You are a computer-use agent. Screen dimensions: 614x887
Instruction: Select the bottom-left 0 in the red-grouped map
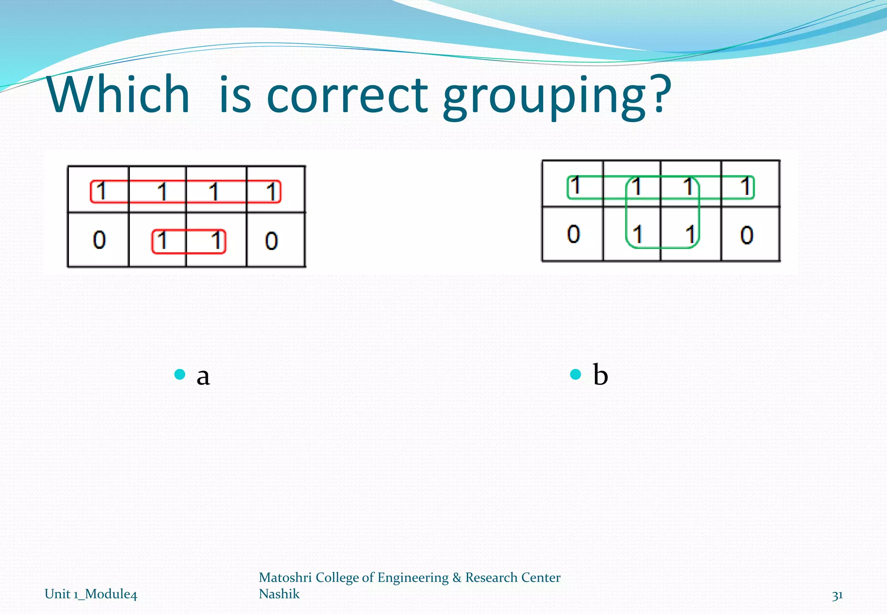click(x=99, y=240)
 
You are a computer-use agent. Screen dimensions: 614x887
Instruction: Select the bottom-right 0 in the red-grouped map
click(x=272, y=241)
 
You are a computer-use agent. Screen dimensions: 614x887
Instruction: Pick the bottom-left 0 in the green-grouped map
click(x=573, y=234)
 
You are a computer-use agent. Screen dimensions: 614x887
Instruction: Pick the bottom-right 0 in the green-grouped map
click(x=747, y=235)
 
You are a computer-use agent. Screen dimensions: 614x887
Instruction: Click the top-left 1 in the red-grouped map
click(x=101, y=191)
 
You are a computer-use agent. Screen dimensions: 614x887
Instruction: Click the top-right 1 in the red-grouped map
click(x=272, y=192)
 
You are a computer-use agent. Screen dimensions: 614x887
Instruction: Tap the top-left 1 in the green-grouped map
click(x=575, y=186)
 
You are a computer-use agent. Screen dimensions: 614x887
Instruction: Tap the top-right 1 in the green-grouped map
click(x=745, y=187)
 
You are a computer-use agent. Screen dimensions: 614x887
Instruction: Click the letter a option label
click(x=203, y=375)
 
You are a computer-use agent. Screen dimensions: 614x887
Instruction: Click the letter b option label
click(x=600, y=374)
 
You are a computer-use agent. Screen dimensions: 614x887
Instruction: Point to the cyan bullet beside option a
click(x=180, y=374)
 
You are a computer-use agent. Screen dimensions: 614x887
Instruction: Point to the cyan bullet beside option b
click(x=576, y=374)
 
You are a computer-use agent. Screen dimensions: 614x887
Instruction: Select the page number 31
click(x=837, y=595)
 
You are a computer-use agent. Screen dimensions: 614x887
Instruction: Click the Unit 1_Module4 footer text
click(x=91, y=594)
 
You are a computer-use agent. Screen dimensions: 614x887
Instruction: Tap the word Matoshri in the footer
click(x=285, y=577)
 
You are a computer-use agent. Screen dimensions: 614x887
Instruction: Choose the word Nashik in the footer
click(x=279, y=594)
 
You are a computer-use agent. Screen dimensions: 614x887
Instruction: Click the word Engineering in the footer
click(x=413, y=578)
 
